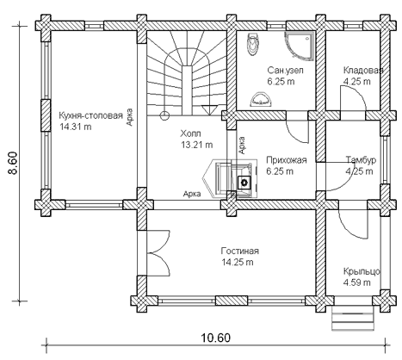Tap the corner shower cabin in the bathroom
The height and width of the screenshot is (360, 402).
[300, 46]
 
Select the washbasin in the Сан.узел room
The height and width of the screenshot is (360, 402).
[260, 99]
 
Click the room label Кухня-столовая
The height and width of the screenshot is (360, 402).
[90, 115]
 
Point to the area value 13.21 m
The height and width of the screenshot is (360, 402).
[197, 145]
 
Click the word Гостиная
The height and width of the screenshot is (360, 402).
[240, 251]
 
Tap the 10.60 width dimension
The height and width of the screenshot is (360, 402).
[215, 338]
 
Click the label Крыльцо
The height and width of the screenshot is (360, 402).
[362, 271]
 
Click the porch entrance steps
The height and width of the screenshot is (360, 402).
[353, 318]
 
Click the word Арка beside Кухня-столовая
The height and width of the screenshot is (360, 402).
[130, 117]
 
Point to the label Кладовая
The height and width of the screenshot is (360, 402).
[363, 71]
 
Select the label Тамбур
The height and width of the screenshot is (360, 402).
[361, 160]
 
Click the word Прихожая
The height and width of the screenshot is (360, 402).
[287, 160]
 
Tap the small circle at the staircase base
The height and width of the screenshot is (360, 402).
[164, 115]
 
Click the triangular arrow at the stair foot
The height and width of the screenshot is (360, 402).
[210, 110]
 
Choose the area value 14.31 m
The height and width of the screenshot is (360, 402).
[76, 127]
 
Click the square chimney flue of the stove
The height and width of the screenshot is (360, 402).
[244, 182]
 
